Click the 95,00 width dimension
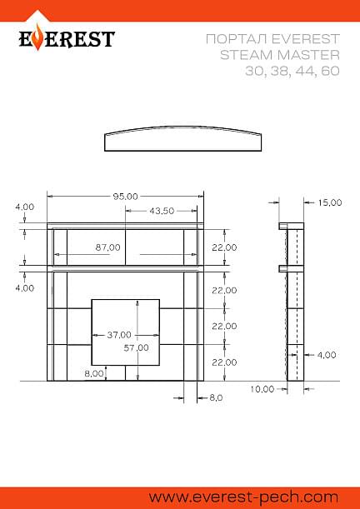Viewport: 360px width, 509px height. click(125, 197)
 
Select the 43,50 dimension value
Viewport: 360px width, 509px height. click(162, 211)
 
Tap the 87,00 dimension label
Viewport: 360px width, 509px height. click(107, 247)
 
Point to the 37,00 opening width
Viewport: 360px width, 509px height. click(119, 335)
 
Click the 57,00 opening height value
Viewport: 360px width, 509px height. click(137, 348)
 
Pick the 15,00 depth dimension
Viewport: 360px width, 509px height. click(330, 203)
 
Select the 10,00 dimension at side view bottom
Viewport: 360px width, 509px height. click(262, 389)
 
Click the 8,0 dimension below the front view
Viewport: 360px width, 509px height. click(216, 397)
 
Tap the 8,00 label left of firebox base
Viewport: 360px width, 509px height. click(94, 373)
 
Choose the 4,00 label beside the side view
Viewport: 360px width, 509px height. click(326, 355)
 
